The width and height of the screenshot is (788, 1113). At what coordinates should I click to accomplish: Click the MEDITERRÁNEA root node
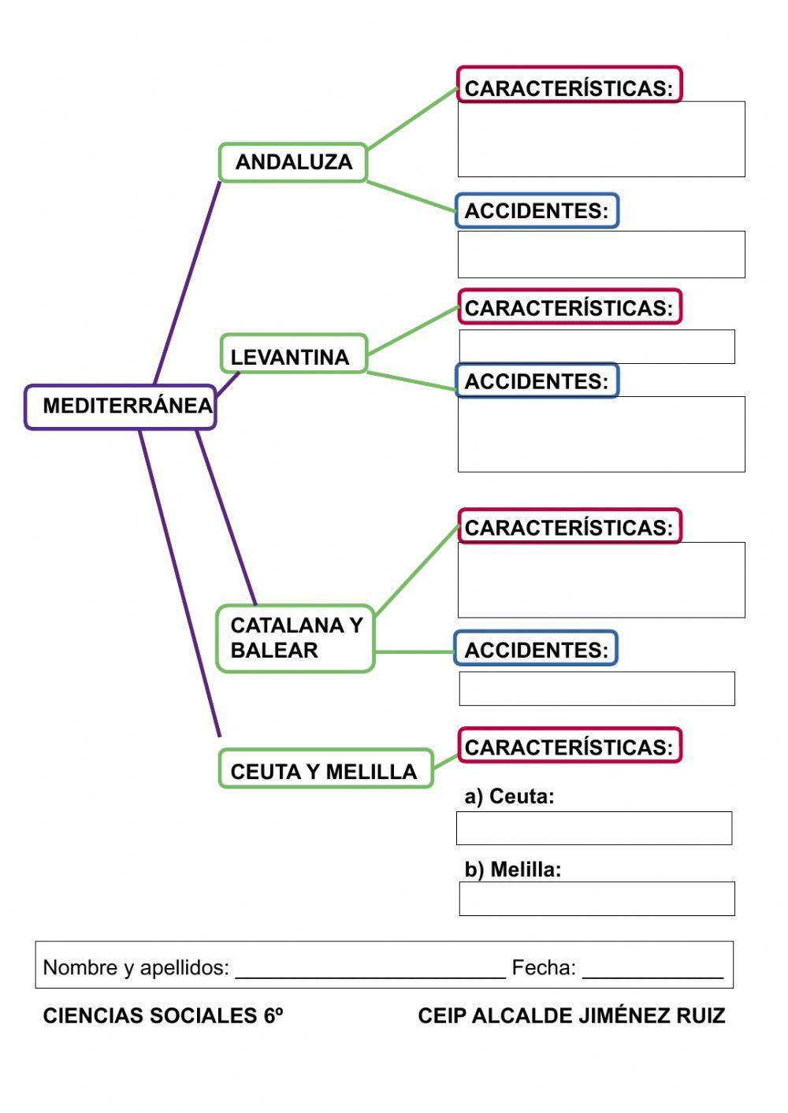(120, 406)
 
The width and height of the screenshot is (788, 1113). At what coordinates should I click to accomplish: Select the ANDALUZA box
(293, 162)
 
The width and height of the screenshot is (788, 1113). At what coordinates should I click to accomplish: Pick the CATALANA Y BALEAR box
(295, 638)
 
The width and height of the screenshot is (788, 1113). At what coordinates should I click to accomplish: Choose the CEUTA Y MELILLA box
(325, 771)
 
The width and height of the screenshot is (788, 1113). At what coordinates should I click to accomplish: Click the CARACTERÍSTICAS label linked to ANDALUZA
(569, 87)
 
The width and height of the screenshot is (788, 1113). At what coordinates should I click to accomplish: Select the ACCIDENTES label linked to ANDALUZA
(537, 211)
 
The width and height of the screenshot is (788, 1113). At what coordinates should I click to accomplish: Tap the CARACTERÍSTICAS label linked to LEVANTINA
(569, 307)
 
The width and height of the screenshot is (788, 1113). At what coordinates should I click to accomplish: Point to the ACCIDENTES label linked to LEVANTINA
(537, 381)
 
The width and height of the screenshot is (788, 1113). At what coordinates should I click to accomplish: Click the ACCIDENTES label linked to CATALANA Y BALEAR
(536, 650)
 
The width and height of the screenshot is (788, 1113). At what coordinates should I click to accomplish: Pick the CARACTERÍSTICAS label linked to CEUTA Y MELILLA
(569, 747)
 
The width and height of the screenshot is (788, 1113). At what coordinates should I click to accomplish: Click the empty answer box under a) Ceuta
(594, 828)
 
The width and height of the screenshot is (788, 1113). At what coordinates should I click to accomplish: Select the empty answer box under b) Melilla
(597, 899)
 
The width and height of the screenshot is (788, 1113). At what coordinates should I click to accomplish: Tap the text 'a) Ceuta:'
(509, 796)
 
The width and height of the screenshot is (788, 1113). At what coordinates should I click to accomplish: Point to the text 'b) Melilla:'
(512, 870)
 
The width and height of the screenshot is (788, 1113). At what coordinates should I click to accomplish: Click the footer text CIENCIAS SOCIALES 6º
(162, 1016)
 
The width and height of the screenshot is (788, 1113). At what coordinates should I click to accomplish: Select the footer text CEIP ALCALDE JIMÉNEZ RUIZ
(571, 1016)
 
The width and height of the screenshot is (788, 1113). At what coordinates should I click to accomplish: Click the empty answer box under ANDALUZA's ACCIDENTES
(601, 254)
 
